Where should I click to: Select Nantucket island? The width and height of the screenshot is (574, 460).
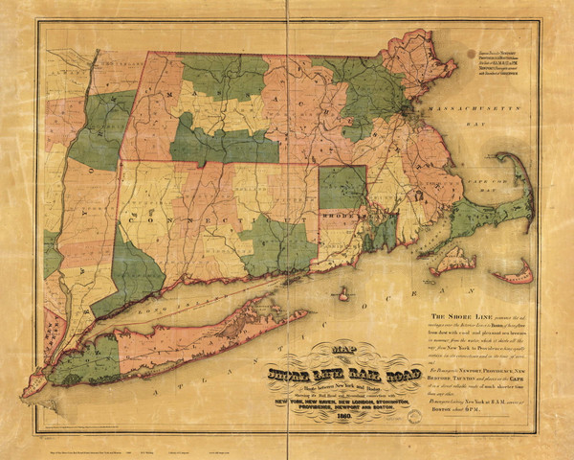coord(518,275)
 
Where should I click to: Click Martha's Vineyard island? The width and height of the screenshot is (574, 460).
coord(452,258)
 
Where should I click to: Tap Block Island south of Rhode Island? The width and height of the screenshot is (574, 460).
coord(343,294)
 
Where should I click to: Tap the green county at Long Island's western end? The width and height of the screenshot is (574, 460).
coord(80,360)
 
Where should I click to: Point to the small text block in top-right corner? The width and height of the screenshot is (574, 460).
coord(506,62)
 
